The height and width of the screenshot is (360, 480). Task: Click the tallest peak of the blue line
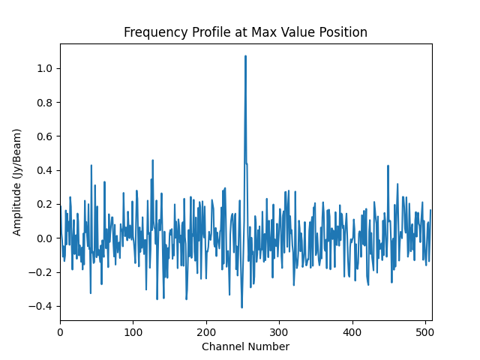click(245, 55)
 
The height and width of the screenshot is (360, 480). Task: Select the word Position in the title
click(343, 32)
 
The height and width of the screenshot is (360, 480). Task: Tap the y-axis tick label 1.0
click(44, 68)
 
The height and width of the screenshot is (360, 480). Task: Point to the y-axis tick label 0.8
click(44, 102)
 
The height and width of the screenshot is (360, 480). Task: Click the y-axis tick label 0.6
click(44, 136)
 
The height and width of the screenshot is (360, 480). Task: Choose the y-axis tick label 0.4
click(44, 170)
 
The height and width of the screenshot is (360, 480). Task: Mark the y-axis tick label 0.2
click(44, 204)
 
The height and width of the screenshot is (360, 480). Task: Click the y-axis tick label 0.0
click(44, 238)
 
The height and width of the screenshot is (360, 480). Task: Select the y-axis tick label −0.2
click(41, 272)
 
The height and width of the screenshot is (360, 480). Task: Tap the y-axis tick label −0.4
click(41, 306)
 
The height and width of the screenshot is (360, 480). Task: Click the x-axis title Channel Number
click(245, 346)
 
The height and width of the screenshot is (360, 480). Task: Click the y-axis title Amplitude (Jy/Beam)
click(17, 182)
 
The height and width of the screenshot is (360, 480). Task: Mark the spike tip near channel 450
click(388, 166)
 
